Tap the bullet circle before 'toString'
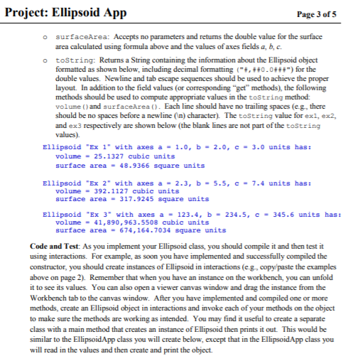pyautogui.click(x=45, y=63)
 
